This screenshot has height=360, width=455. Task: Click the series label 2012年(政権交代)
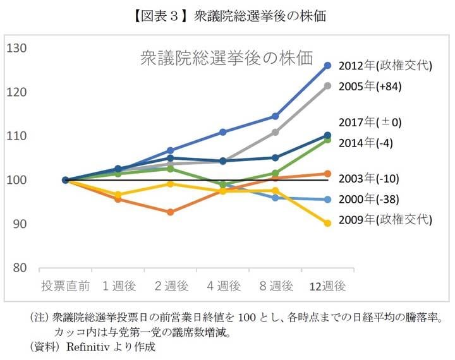pyautogui.click(x=385, y=66)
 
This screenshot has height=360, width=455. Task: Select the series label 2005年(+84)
pyautogui.click(x=370, y=87)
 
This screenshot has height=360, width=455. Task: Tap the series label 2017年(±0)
pyautogui.click(x=370, y=123)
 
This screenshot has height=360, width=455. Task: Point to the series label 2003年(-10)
pyautogui.click(x=368, y=178)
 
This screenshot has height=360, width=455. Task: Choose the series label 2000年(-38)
pyautogui.click(x=368, y=200)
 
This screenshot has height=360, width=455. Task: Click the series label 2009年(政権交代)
pyautogui.click(x=385, y=220)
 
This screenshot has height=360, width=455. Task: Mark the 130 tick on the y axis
pyautogui.click(x=16, y=49)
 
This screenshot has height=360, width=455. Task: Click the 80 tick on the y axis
pyautogui.click(x=19, y=268)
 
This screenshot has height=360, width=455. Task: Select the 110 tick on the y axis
pyautogui.click(x=16, y=136)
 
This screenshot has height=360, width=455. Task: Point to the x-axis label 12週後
pyautogui.click(x=327, y=286)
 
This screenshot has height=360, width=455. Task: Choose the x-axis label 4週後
pyautogui.click(x=223, y=286)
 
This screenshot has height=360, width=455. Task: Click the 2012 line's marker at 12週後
pyautogui.click(x=327, y=65)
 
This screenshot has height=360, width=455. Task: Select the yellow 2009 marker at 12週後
pyautogui.click(x=327, y=223)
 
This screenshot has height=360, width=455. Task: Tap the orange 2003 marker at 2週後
pyautogui.click(x=170, y=212)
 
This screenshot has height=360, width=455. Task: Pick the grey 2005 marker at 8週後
pyautogui.click(x=275, y=132)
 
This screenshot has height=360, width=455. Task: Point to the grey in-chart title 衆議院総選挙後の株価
pyautogui.click(x=226, y=59)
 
